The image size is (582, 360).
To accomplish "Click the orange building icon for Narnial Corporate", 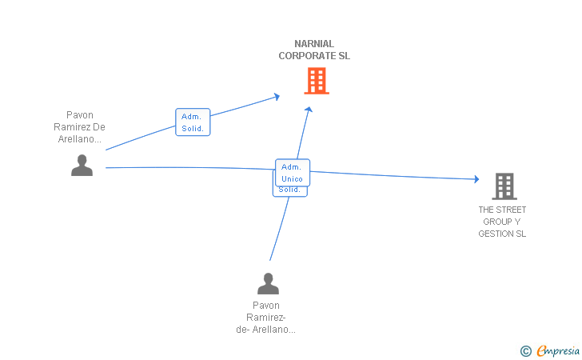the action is (317, 81).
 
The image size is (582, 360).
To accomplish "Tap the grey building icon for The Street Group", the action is (504, 186).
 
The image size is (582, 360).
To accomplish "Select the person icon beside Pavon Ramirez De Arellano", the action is (82, 165).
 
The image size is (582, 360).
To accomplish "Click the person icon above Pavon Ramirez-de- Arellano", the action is (268, 283).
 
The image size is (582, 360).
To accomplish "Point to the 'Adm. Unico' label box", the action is (292, 172).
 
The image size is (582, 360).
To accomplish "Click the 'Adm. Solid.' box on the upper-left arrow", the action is (193, 122).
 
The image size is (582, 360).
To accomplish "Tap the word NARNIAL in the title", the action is (314, 44).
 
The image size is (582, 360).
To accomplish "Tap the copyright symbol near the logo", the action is (525, 350).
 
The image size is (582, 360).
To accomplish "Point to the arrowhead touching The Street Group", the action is (476, 179).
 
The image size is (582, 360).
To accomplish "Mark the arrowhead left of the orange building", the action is (277, 96).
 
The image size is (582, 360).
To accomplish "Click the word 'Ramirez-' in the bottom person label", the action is (268, 317).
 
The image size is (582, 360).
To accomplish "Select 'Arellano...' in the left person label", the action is (79, 138).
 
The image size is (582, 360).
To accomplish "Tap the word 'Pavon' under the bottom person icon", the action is (266, 305).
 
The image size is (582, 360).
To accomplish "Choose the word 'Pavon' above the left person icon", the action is (79, 115).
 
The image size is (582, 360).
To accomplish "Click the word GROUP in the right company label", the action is (497, 222).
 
